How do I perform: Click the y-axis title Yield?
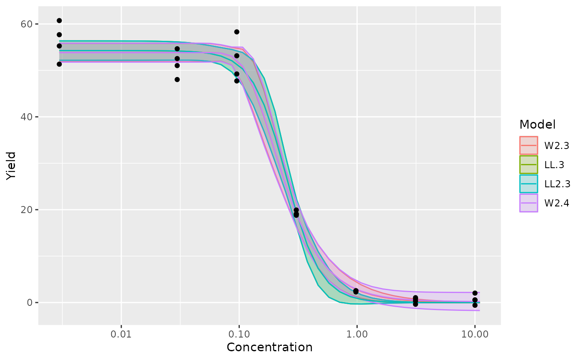11,166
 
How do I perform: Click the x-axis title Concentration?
269,347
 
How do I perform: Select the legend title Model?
538,124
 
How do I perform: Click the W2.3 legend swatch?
528,146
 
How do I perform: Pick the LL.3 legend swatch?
528,165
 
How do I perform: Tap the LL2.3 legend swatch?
528,184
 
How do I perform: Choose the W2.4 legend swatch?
528,203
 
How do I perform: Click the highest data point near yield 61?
59,20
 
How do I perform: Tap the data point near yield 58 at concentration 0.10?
237,32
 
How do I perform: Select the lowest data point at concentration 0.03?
177,79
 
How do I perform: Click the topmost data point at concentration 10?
475,293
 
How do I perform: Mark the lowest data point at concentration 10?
475,305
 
